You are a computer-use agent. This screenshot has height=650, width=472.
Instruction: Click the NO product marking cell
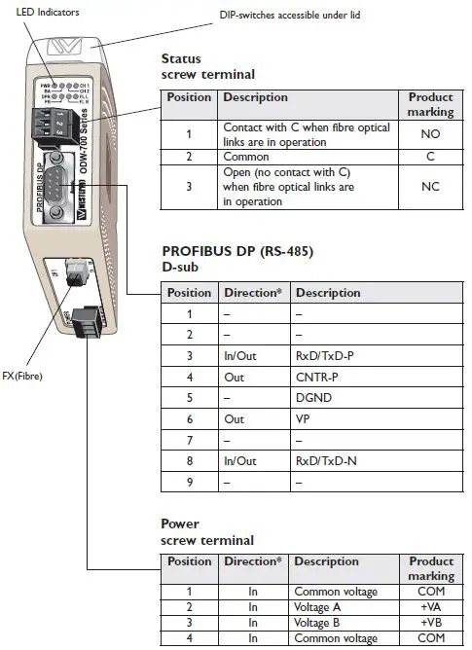(430, 134)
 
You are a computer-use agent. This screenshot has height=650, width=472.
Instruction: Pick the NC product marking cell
(430, 187)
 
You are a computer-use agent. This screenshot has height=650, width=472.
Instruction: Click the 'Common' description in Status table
(247, 155)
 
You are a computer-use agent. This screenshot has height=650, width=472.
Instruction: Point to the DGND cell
(313, 398)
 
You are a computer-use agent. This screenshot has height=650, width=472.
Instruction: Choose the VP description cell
(304, 419)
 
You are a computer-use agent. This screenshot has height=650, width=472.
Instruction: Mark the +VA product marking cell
(430, 607)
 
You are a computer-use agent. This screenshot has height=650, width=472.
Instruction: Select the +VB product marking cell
(430, 623)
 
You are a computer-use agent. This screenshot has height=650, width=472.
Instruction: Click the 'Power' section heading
(180, 523)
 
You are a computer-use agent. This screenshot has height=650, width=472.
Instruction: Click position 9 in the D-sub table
(189, 483)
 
